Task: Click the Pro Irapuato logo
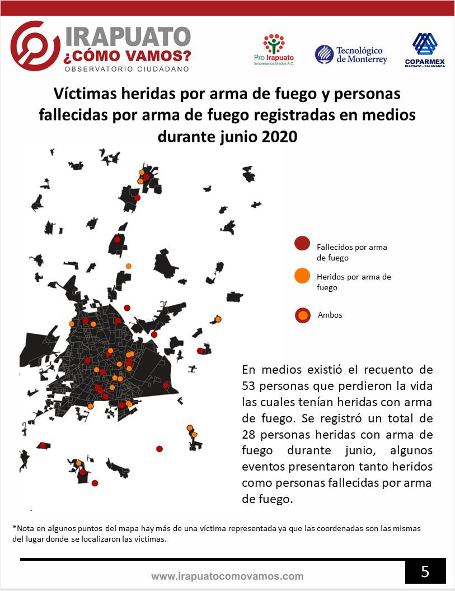pyautogui.click(x=274, y=50)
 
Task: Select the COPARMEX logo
pyautogui.click(x=425, y=50)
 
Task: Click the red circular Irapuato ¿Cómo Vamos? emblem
pyautogui.click(x=35, y=45)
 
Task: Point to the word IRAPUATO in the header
pyautogui.click(x=128, y=37)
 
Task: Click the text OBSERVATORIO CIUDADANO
pyautogui.click(x=126, y=69)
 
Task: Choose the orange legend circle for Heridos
pyautogui.click(x=302, y=276)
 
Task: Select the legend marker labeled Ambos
pyautogui.click(x=303, y=315)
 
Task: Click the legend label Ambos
pyautogui.click(x=330, y=315)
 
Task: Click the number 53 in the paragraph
pyautogui.click(x=250, y=386)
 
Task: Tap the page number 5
pyautogui.click(x=425, y=572)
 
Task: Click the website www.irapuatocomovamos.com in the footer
pyautogui.click(x=227, y=576)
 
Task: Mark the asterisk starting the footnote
pyautogui.click(x=13, y=528)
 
